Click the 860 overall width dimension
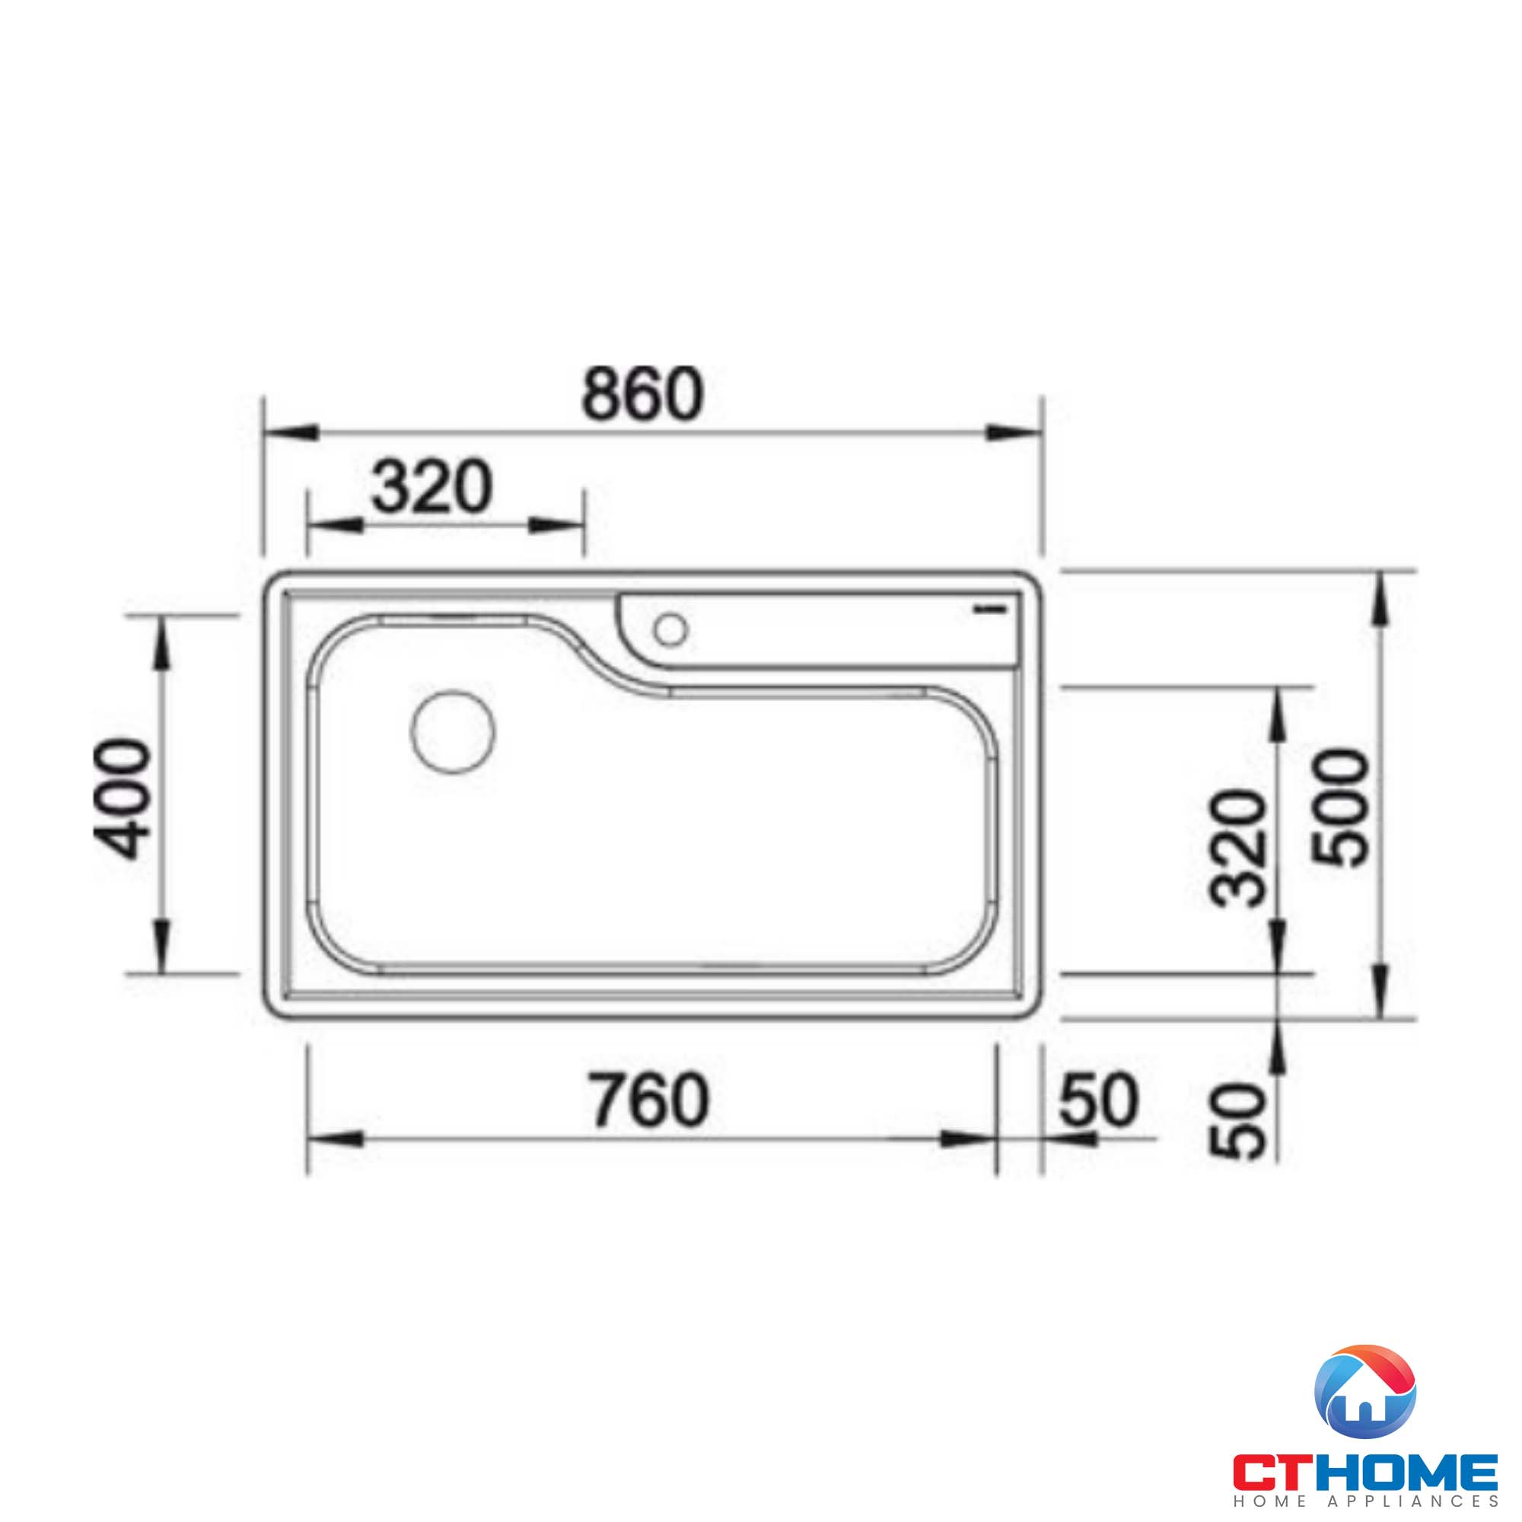642,394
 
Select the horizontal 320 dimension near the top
431,488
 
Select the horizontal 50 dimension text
1098,1100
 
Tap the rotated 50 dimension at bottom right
1237,1132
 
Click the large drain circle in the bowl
453,731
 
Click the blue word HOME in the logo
1415,1471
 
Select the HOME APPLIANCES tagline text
1365,1501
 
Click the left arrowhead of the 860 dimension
291,432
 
